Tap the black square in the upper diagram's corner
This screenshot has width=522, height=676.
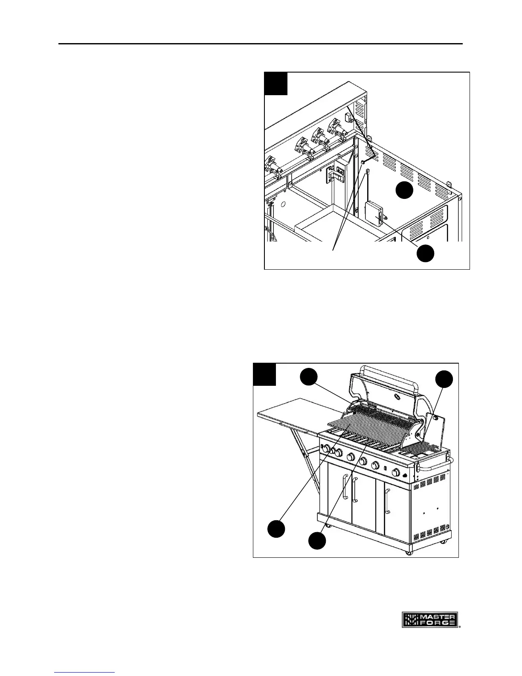(276, 84)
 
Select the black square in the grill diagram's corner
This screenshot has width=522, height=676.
(264, 374)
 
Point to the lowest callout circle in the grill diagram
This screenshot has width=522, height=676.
(317, 540)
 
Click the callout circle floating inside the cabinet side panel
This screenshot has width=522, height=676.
(404, 190)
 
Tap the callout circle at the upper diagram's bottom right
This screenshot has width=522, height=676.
(425, 253)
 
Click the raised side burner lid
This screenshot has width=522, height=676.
(435, 434)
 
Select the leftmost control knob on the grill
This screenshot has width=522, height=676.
(325, 449)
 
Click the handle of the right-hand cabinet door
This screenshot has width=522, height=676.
(386, 501)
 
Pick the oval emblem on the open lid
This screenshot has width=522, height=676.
(397, 396)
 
